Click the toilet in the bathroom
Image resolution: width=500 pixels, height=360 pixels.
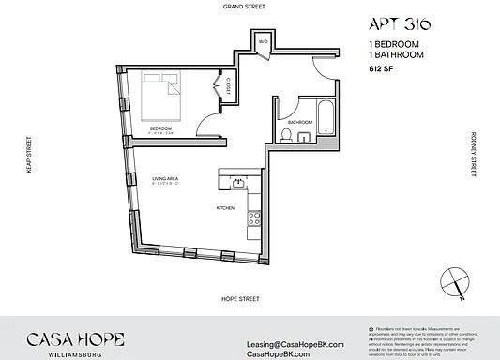(287, 137)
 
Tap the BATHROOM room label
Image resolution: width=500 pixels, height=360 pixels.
(300, 121)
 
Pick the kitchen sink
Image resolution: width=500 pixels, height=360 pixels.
(239, 181)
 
